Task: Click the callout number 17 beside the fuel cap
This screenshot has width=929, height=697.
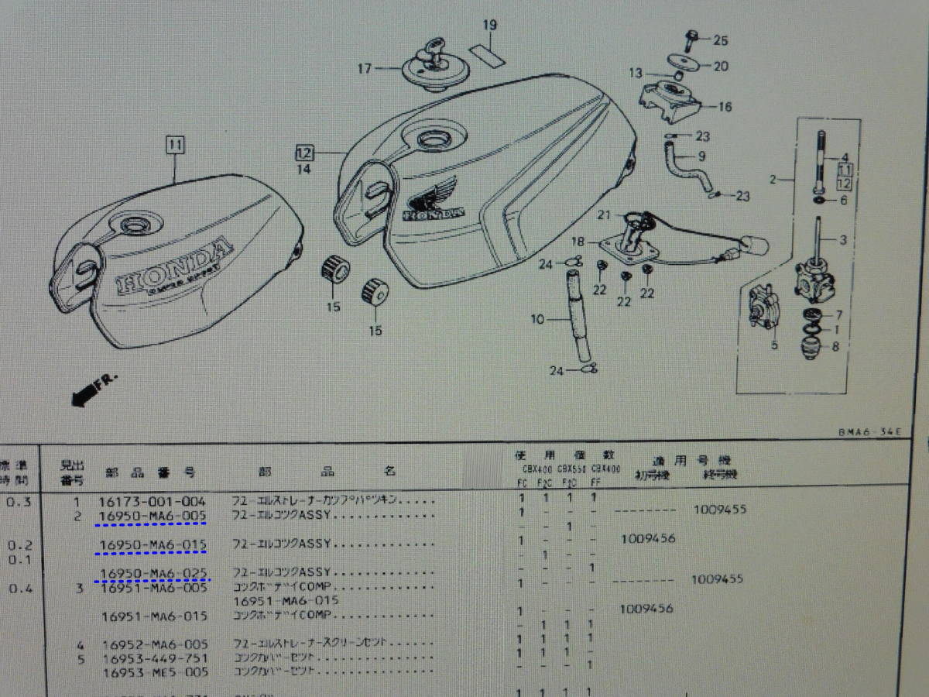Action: (x=365, y=69)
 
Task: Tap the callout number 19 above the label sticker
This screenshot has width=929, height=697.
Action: (x=488, y=26)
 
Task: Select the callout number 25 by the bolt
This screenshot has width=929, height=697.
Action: (x=721, y=39)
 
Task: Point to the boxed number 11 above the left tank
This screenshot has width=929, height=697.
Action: (x=175, y=143)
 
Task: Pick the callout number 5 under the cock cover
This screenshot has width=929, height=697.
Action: (x=773, y=345)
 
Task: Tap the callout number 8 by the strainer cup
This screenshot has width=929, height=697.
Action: (x=834, y=348)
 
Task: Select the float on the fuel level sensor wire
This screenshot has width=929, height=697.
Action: (x=753, y=247)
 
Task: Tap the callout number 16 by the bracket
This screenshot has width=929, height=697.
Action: (x=725, y=107)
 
